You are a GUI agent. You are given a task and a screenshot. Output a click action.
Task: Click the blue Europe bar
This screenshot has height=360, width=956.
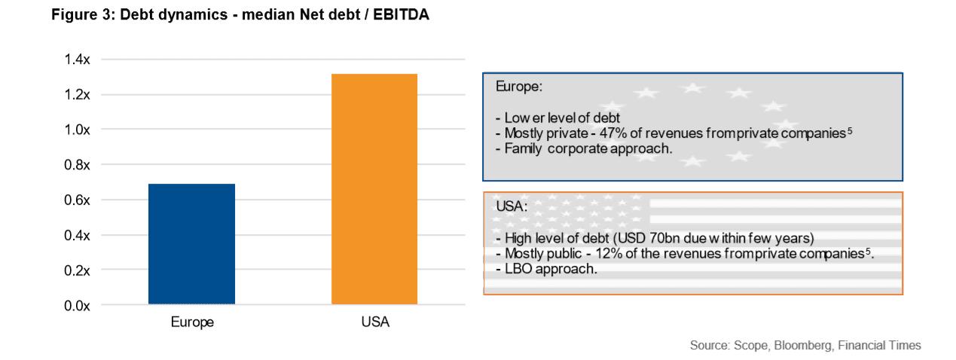tap(191, 244)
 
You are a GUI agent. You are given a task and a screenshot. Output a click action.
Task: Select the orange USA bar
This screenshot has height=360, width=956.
tap(374, 189)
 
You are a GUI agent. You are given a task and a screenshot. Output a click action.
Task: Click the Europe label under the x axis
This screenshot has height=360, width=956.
tap(191, 322)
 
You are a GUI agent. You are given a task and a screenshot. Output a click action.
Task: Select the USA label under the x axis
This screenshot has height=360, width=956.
tap(374, 322)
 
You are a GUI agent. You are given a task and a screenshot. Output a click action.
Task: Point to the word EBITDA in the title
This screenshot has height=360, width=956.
tap(402, 15)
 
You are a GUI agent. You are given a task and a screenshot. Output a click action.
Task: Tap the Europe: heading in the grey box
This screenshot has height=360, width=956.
tap(518, 87)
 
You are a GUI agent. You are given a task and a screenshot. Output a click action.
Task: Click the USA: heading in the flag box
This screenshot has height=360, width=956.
tap(512, 206)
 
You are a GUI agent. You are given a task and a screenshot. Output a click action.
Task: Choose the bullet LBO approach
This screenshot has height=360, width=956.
tap(547, 269)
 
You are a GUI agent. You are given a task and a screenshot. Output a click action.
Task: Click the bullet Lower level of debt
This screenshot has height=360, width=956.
tap(557, 119)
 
